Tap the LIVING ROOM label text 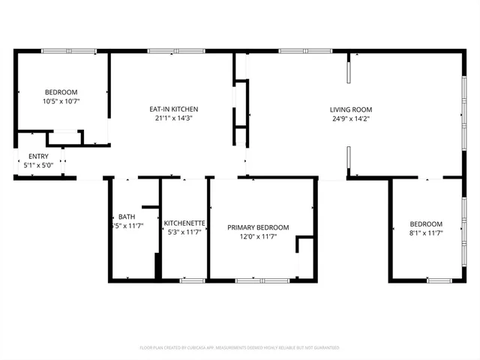pyautogui.click(x=351, y=109)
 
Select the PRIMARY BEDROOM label pyautogui.click(x=259, y=227)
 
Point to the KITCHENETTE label pyautogui.click(x=184, y=223)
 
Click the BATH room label pyautogui.click(x=126, y=217)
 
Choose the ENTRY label pyautogui.click(x=38, y=157)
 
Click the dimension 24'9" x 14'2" pyautogui.click(x=351, y=118)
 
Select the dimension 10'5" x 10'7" pyautogui.click(x=61, y=100)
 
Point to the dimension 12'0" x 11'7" pyautogui.click(x=259, y=236)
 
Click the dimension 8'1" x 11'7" pyautogui.click(x=425, y=233)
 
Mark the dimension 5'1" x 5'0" pyautogui.click(x=38, y=165)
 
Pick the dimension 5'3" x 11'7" pyautogui.click(x=184, y=232)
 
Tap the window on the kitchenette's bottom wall pyautogui.click(x=193, y=280)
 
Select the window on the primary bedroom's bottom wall pyautogui.click(x=262, y=280)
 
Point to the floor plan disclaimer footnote pyautogui.click(x=239, y=348)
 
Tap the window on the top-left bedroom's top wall pyautogui.click(x=67, y=50)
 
